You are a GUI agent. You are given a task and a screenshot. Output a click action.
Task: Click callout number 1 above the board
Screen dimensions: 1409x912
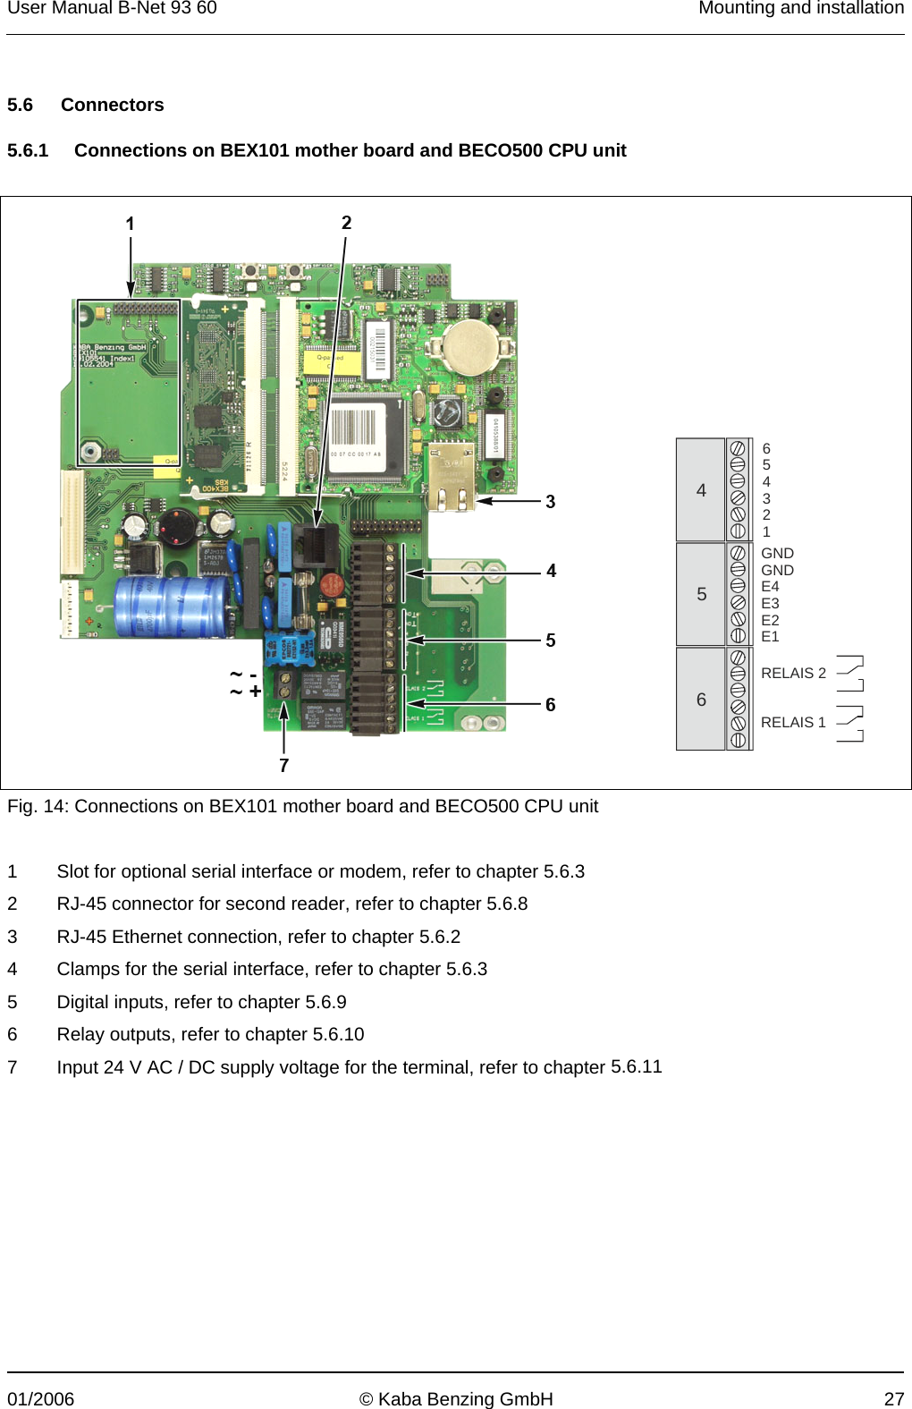click(x=130, y=224)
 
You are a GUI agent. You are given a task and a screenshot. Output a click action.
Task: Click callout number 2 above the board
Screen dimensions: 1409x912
click(x=346, y=223)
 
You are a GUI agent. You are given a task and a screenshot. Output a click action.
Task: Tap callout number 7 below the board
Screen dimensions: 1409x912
click(x=283, y=766)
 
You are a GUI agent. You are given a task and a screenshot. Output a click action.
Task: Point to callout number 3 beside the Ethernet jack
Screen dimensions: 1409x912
click(x=551, y=502)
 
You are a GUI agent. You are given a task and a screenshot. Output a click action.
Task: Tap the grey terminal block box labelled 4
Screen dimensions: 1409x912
click(x=701, y=490)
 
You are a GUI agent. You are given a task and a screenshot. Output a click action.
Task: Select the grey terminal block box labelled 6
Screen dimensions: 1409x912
click(x=701, y=700)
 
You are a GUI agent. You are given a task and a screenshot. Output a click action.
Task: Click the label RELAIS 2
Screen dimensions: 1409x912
click(x=793, y=674)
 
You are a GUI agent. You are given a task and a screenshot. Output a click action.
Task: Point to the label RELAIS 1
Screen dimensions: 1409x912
click(x=793, y=723)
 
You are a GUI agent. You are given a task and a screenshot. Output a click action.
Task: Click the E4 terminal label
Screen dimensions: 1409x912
click(x=770, y=587)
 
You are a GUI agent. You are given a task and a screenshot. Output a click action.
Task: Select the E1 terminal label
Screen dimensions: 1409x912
click(x=770, y=637)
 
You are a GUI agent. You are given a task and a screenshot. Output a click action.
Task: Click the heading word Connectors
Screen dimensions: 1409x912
click(x=113, y=105)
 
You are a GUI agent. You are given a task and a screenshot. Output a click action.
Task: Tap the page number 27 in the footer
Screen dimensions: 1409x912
click(x=894, y=1399)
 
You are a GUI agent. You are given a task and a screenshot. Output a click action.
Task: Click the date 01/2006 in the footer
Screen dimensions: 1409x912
click(x=41, y=1399)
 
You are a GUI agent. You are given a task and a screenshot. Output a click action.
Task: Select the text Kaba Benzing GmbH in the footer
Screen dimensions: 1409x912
click(x=465, y=1399)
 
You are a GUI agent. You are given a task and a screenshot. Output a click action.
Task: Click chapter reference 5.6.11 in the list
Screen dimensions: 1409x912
click(x=636, y=1066)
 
